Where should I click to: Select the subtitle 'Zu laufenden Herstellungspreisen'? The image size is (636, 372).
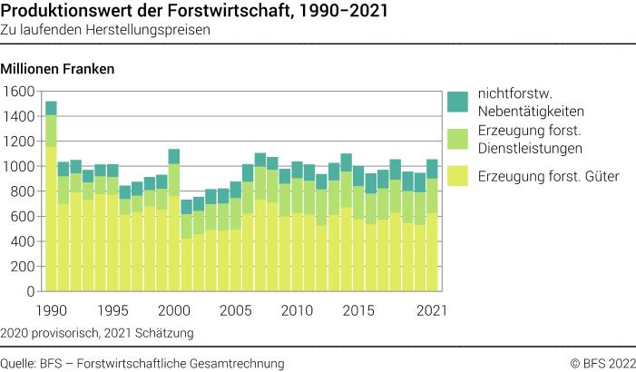[x=106, y=30]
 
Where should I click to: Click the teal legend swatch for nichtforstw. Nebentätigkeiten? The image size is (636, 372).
[x=457, y=101]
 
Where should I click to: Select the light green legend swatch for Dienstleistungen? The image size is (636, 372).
[x=457, y=139]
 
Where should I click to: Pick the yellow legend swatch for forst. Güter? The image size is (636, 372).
[x=457, y=176]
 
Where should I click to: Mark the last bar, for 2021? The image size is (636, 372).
[x=432, y=226]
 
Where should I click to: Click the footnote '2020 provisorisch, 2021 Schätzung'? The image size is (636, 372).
[x=97, y=333]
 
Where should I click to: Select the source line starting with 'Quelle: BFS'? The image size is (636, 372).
[x=142, y=363]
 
